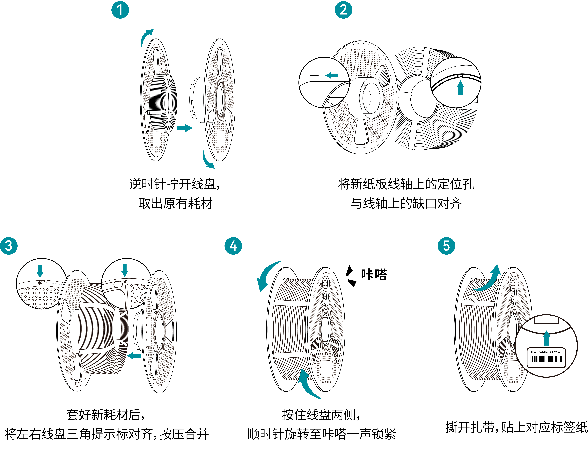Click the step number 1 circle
pos(120,10)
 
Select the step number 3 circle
pos(9,246)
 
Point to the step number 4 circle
pos(233,246)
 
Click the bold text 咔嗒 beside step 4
pos(374,274)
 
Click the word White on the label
pos(543,352)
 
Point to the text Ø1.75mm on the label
pos(556,352)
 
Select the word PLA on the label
pos(533,352)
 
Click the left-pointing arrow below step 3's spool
pos(134,356)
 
